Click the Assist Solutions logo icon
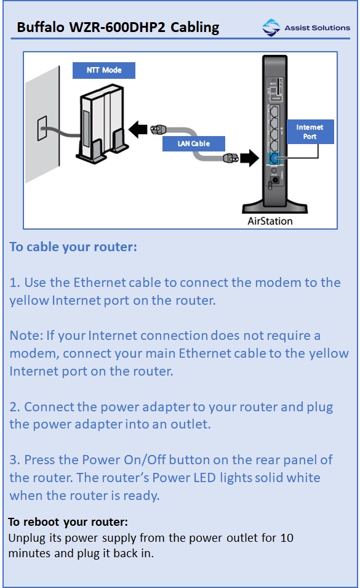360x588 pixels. click(x=271, y=27)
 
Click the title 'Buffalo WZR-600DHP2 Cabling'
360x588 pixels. click(x=118, y=27)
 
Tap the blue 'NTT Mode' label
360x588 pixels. click(x=103, y=70)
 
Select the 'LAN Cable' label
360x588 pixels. click(x=194, y=143)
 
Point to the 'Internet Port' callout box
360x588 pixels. click(x=310, y=132)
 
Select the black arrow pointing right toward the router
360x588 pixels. click(x=248, y=158)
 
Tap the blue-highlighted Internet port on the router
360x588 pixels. click(x=274, y=158)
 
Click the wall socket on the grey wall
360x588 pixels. click(x=42, y=129)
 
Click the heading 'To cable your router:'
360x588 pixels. click(x=73, y=247)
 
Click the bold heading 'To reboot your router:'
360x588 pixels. click(x=68, y=522)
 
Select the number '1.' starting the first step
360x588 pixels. click(x=15, y=283)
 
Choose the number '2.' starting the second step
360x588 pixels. click(x=15, y=407)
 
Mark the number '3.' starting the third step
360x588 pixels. click(x=15, y=460)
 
